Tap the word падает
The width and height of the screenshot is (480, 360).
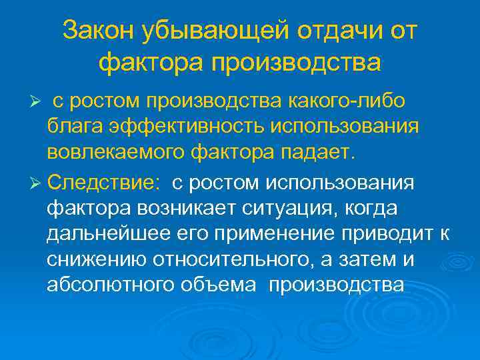320,152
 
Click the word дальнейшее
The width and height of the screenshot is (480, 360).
103,234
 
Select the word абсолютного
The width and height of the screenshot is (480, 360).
109,285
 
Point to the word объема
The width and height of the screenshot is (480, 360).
219,285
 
